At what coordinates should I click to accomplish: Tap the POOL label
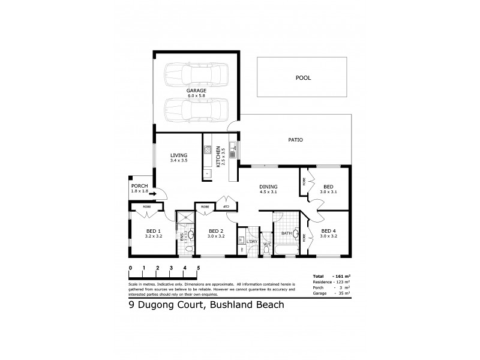point(303,77)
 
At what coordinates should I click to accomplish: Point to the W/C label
point(267,245)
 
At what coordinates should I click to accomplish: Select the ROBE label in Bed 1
point(146,207)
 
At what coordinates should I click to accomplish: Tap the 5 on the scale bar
point(198,268)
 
